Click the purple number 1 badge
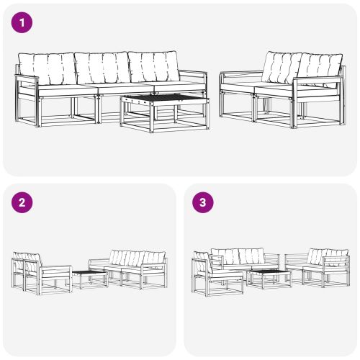pos(23,23)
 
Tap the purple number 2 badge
pos(23,203)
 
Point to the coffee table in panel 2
pos(89,278)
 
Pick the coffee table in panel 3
pos(269,278)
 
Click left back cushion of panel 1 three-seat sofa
pos(48,69)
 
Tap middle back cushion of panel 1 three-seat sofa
pos(102,68)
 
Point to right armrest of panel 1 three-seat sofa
pos(194,75)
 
